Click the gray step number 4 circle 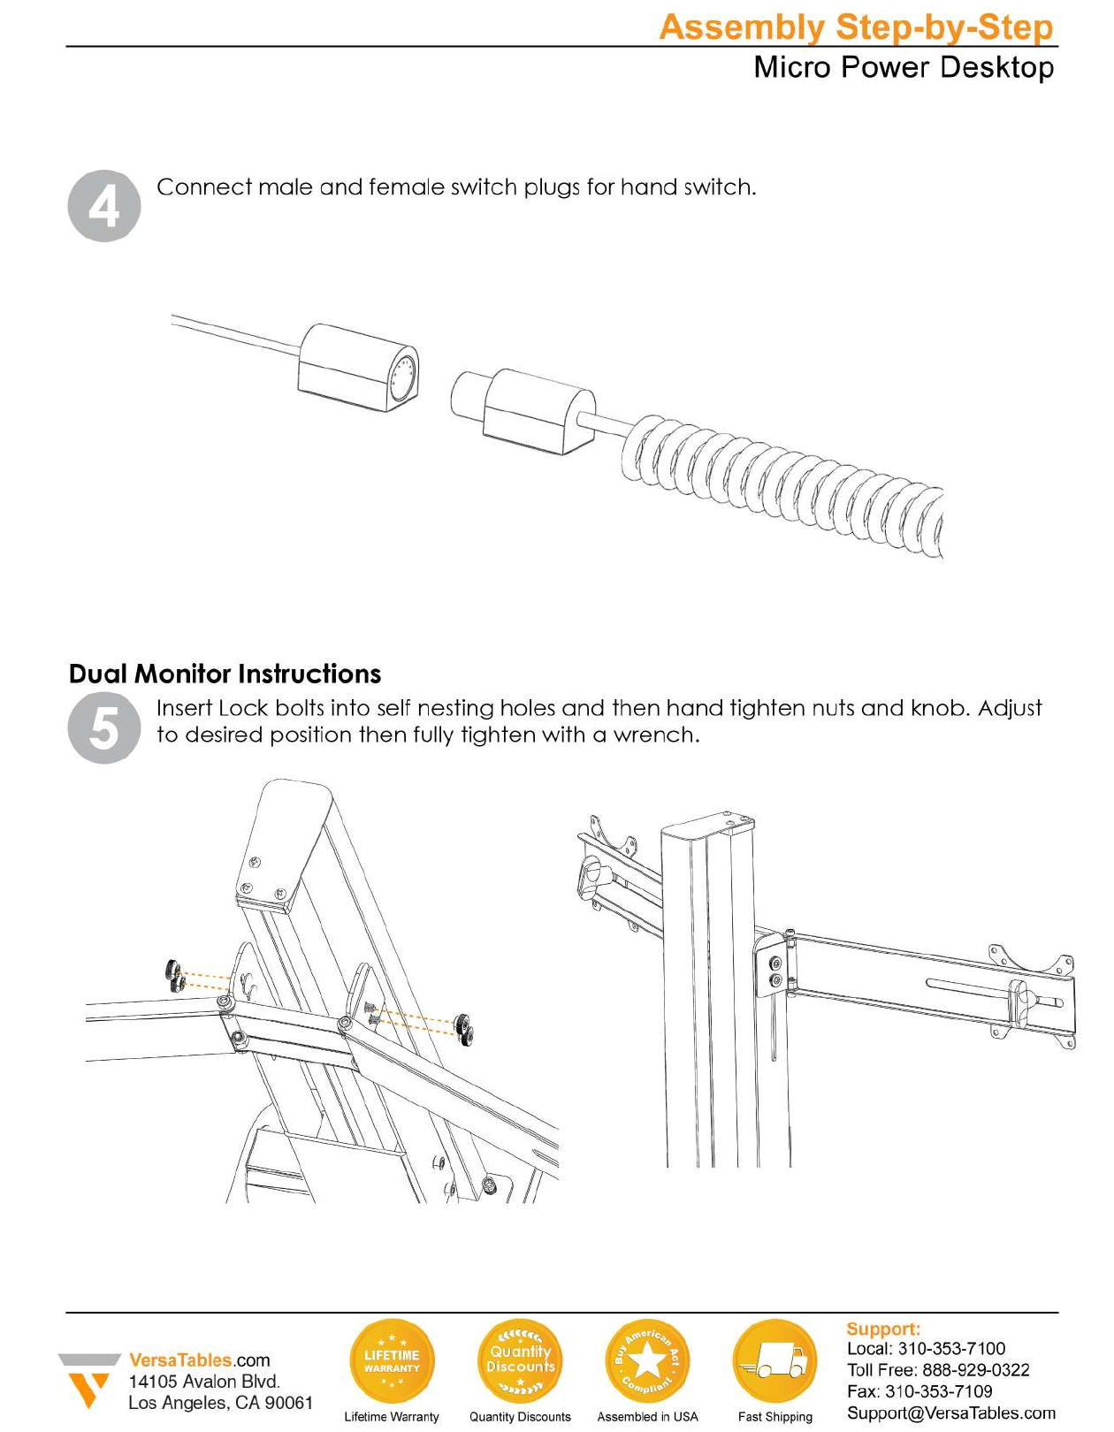click(104, 206)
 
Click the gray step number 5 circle click(104, 728)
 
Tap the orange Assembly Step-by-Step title click(856, 27)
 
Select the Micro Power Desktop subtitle click(903, 67)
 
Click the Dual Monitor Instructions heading click(225, 674)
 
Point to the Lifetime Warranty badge click(392, 1361)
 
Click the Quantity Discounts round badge click(520, 1361)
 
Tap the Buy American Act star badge click(647, 1361)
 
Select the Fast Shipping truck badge click(775, 1361)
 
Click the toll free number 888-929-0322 click(975, 1370)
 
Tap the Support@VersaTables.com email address click(951, 1413)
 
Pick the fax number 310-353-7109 click(939, 1391)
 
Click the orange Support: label click(883, 1329)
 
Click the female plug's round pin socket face click(403, 376)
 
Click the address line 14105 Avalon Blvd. click(204, 1382)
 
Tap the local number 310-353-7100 click(951, 1348)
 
